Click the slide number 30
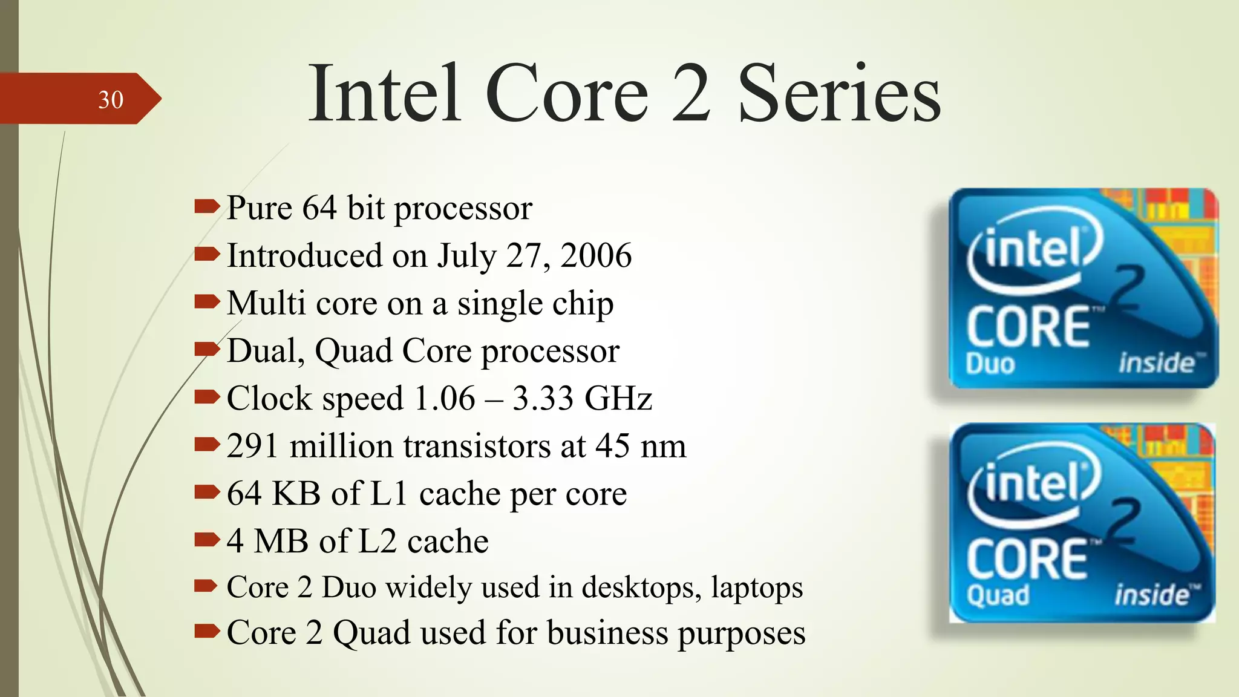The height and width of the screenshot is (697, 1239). pos(111,100)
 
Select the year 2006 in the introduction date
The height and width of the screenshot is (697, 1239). pos(596,255)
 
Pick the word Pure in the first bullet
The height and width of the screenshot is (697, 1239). pos(260,208)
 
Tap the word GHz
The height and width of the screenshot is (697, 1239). pos(618,399)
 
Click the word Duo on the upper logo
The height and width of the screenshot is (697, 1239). pos(990,364)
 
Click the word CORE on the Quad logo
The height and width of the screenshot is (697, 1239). pos(1027,559)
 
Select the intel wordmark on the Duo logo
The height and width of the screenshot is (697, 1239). pos(1033,249)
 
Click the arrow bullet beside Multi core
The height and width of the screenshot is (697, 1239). pos(206,302)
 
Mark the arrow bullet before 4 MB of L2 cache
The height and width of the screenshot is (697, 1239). pos(206,539)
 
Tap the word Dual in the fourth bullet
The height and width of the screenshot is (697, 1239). pos(266,351)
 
